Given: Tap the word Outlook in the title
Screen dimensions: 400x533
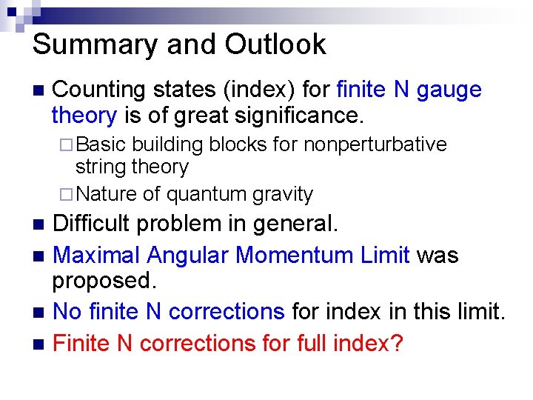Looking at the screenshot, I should [275, 44].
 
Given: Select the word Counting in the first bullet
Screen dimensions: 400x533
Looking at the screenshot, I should [98, 90].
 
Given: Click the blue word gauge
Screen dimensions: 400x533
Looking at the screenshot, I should [449, 90].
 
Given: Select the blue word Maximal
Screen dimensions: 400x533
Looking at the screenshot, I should [97, 255].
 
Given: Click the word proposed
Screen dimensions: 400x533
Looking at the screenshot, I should [101, 281].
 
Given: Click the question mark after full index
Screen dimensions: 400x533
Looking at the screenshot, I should [397, 343].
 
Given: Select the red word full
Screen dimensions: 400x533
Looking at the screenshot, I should [303, 343].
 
